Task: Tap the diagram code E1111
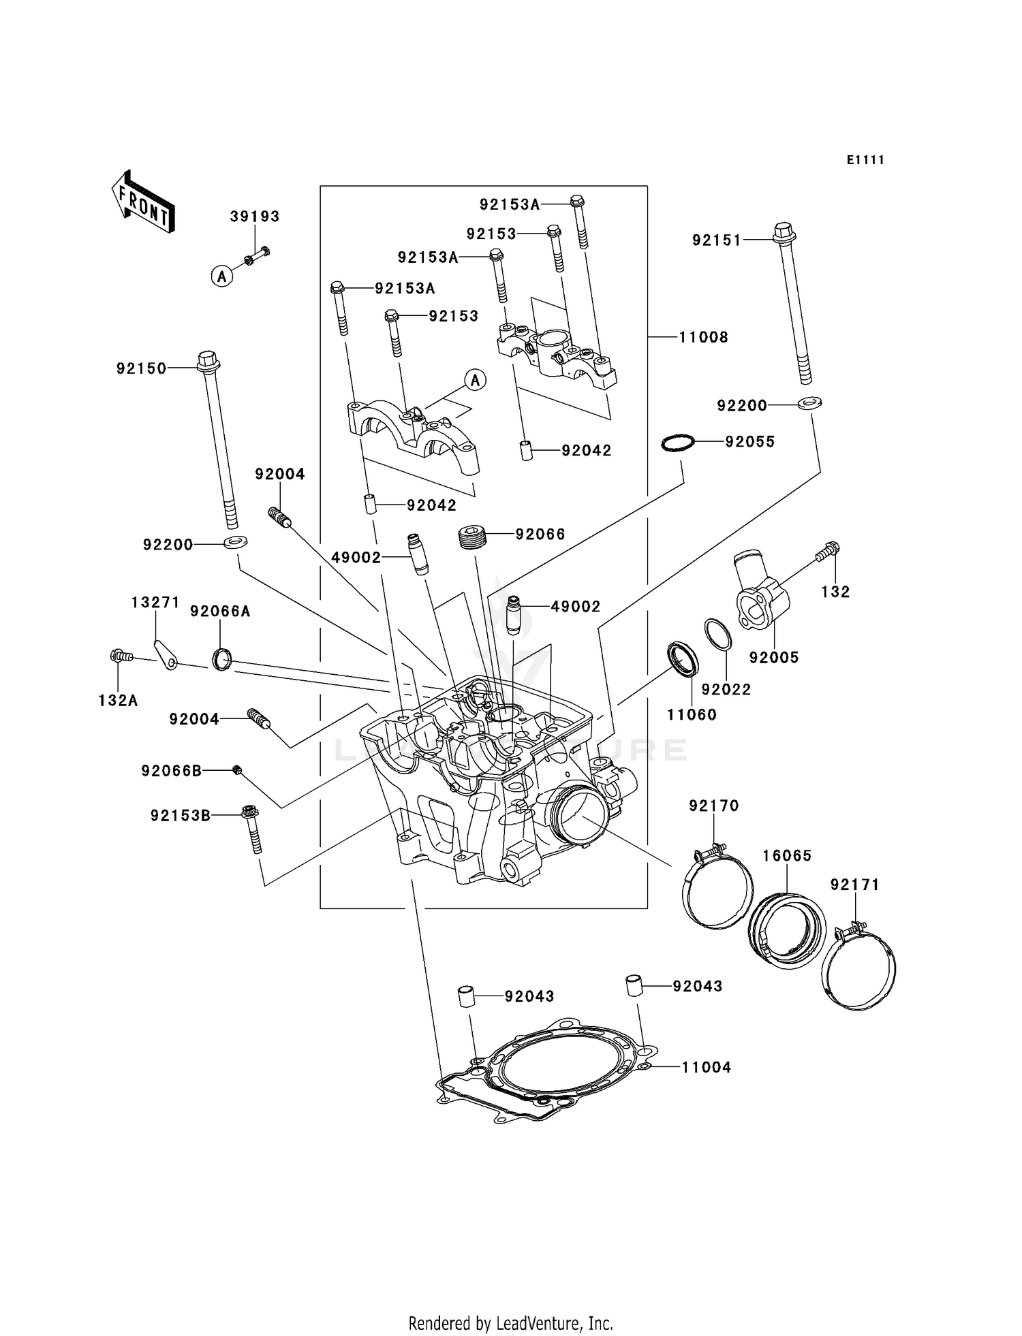865,160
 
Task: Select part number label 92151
716,240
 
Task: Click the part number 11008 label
704,337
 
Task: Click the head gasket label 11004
707,1068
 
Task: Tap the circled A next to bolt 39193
221,276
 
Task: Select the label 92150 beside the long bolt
141,368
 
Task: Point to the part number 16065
787,856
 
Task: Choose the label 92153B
181,815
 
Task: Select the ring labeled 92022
717,635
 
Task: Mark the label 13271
155,603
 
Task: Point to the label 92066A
220,611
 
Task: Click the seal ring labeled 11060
683,659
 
